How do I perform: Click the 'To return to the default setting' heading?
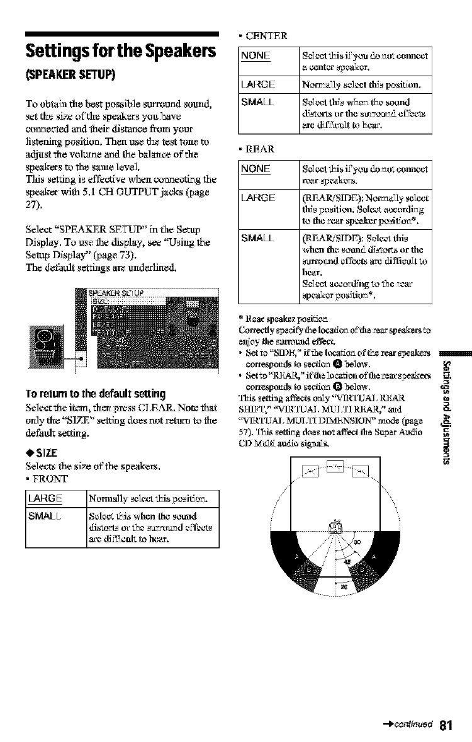pyautogui.click(x=89, y=378)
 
